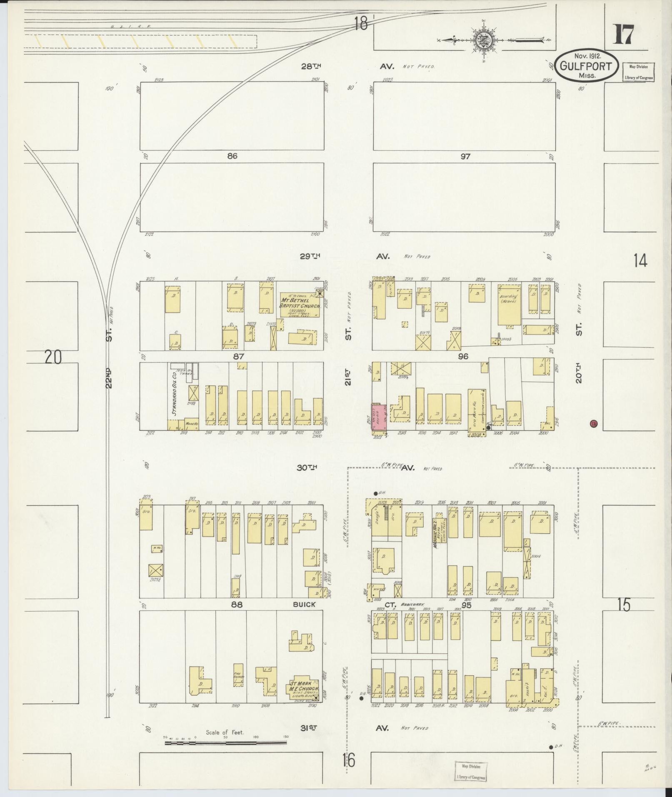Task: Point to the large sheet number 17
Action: (x=623, y=35)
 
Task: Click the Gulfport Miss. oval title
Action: (x=586, y=66)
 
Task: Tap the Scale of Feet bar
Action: (x=225, y=742)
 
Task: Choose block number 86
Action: (x=232, y=156)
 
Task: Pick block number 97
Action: (x=465, y=156)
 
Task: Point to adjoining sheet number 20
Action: (x=53, y=357)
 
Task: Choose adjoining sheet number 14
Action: (x=640, y=261)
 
